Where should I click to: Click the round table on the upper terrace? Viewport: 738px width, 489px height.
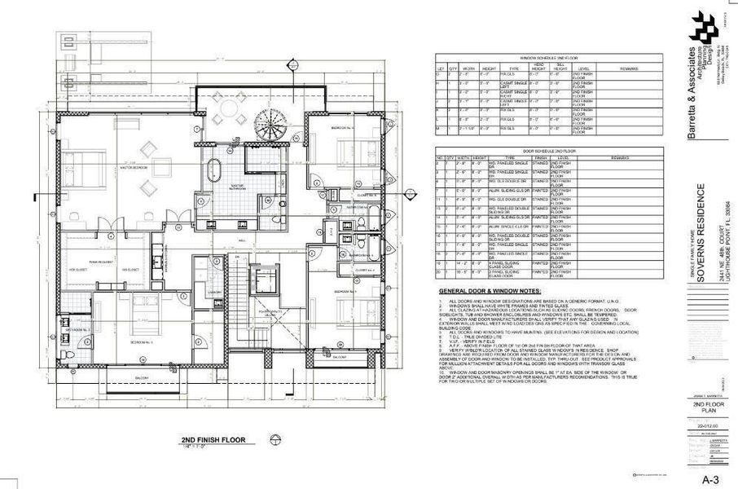230,107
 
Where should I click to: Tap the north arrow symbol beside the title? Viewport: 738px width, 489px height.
275,442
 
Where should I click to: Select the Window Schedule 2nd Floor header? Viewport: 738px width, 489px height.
538,59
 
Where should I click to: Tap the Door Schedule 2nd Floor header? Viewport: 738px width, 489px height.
538,152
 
